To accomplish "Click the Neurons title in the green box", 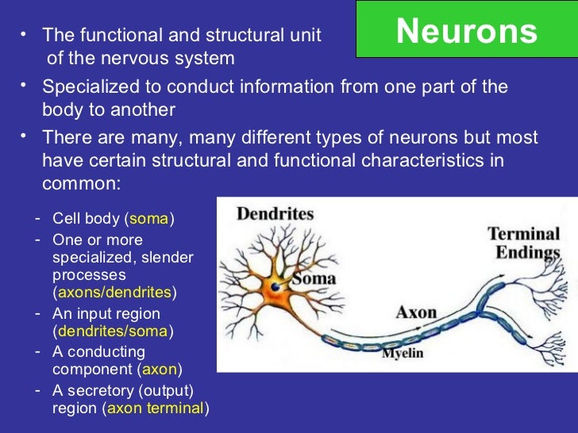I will coord(466,31).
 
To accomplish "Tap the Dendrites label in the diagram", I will coord(275,214).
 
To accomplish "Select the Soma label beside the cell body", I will coord(314,278).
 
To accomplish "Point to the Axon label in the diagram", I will coord(416,312).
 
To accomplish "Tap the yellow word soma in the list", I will coord(149,219).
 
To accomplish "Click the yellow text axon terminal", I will coord(156,408).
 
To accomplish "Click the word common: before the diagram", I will coord(80,182).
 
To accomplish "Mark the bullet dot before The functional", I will coord(24,34).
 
